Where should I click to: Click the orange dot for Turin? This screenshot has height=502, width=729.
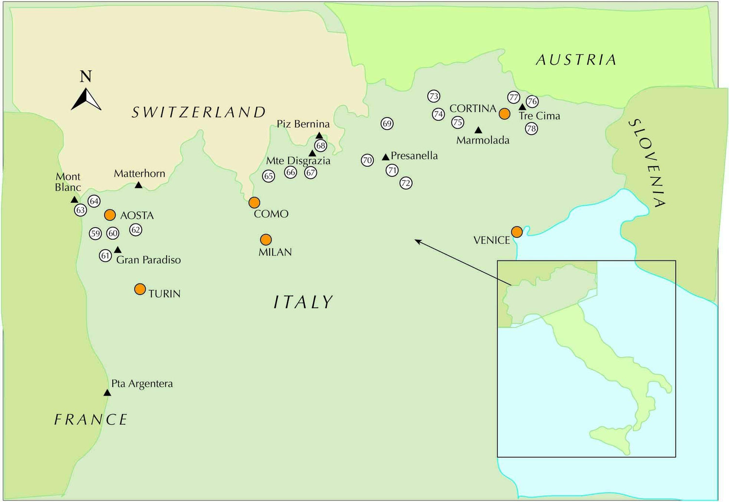coord(140,289)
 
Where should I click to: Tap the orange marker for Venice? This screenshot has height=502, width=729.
coord(517,232)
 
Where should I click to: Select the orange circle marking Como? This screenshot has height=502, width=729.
coord(254,202)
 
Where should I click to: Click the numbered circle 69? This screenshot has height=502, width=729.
coord(387,123)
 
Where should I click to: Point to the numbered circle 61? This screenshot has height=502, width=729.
coord(105,256)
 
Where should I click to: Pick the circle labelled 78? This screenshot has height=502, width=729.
coord(531,129)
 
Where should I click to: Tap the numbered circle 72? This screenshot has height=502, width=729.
coord(406,183)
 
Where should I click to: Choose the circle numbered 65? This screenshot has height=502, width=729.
coord(269,176)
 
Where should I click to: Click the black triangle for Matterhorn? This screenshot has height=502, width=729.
coord(139,185)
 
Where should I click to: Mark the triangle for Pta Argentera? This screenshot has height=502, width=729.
coord(107,393)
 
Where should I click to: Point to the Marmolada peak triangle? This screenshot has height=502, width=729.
coord(478,130)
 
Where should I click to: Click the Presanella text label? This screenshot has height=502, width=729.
coord(414,156)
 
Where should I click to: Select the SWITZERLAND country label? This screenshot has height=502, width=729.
coord(199,112)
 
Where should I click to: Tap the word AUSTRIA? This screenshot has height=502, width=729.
coord(576,60)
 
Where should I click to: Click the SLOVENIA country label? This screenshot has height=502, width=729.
coord(647,163)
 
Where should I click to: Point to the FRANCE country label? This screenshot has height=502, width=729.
coord(91,419)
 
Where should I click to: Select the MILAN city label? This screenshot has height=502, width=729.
coord(275,252)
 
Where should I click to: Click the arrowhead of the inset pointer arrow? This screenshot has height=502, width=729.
coord(417,241)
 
